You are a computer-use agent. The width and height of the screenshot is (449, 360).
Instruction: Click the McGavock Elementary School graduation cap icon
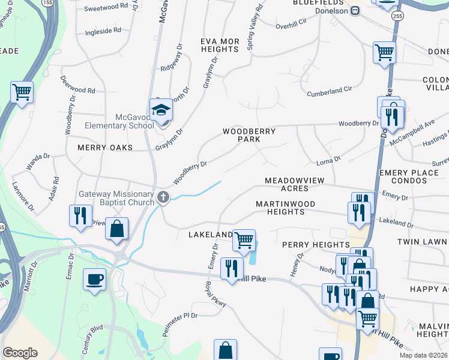161,110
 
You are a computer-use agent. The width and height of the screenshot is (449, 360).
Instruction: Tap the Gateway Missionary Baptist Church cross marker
163,197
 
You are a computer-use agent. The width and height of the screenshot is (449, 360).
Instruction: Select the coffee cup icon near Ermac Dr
95,279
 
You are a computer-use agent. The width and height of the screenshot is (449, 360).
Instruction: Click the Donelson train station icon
355,10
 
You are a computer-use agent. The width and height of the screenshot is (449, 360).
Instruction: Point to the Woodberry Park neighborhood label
249,135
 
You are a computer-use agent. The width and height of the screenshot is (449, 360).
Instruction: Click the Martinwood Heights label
285,208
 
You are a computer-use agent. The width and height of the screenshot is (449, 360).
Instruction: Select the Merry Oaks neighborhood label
104,147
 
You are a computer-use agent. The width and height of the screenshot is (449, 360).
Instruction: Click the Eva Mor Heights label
220,45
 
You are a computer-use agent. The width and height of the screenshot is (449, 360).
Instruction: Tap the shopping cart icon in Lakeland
244,240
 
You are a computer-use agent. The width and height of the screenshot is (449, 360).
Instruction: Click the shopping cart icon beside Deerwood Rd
22,92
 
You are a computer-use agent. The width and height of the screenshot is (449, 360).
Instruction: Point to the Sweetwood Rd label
106,7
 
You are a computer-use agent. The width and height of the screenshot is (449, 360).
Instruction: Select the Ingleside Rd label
103,30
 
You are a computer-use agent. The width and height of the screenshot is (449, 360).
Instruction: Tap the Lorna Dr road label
328,160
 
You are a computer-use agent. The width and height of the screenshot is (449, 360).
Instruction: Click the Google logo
20,353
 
